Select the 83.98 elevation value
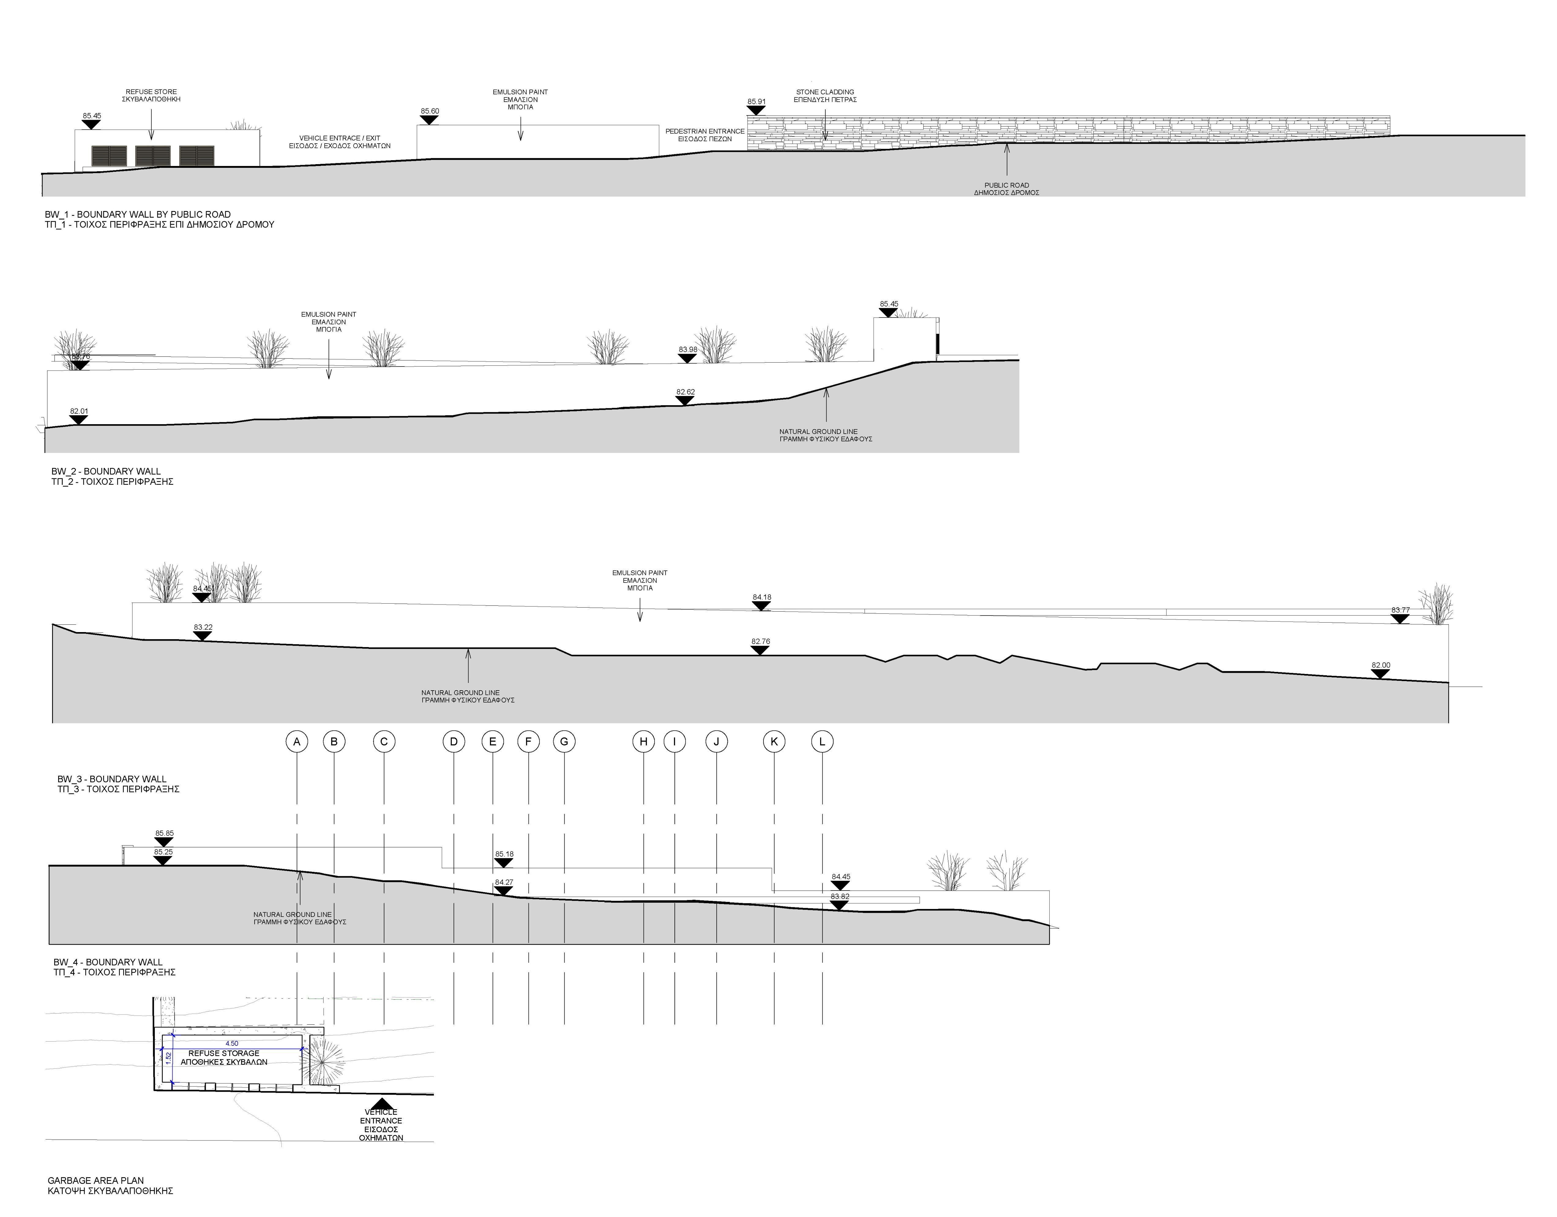coord(688,349)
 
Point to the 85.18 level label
coord(504,854)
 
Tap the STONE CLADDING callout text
coord(825,92)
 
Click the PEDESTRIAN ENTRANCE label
coord(705,131)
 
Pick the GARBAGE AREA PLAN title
coord(95,1181)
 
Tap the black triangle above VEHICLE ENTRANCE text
coord(381,1104)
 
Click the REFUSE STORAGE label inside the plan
coord(224,1053)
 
